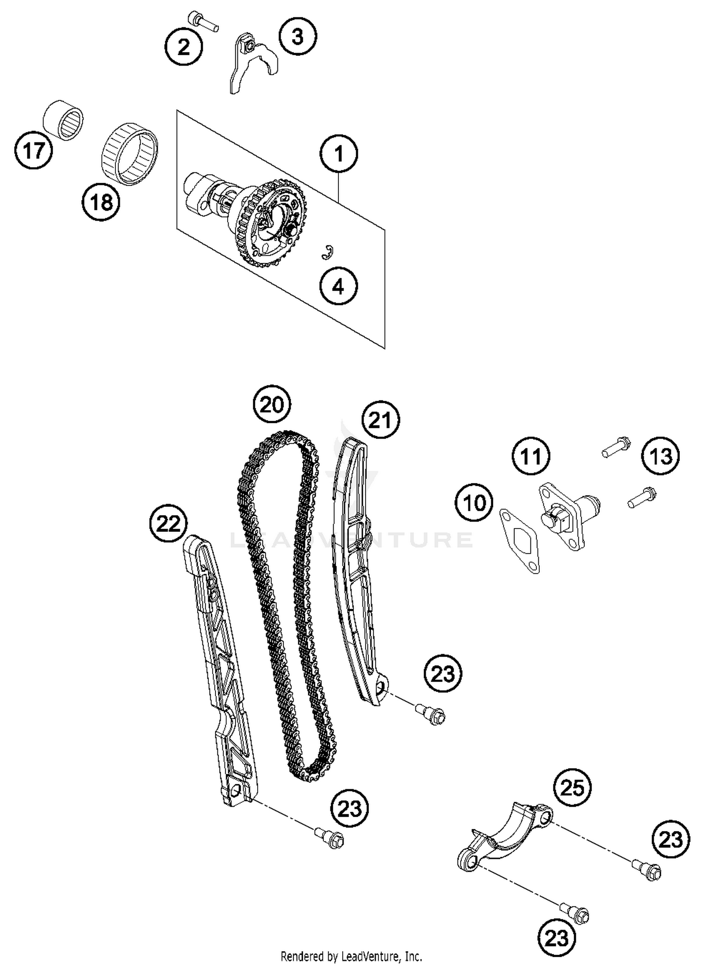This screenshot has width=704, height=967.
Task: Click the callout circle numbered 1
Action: [x=338, y=153]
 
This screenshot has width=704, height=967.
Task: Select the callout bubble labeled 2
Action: [x=184, y=46]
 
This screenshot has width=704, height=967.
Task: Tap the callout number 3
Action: [x=298, y=36]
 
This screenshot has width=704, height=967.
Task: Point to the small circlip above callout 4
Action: [x=328, y=252]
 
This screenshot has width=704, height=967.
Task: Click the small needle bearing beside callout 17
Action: [x=63, y=119]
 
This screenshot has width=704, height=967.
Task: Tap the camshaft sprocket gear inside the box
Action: [x=275, y=222]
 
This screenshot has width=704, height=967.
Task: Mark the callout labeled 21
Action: [x=381, y=420]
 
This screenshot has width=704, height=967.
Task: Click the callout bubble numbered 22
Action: [x=168, y=523]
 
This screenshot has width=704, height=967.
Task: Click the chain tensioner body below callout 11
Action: [x=568, y=516]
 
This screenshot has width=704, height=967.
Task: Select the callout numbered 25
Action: [x=572, y=788]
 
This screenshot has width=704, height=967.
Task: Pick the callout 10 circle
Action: [x=474, y=503]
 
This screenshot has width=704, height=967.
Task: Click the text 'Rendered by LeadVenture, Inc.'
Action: [x=351, y=956]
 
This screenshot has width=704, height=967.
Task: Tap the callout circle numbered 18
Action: [x=101, y=203]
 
